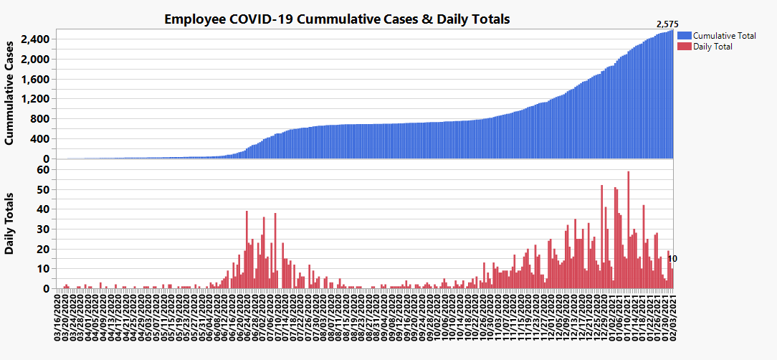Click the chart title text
[x=337, y=19]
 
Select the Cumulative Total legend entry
[x=725, y=35]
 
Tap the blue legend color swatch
[x=684, y=35]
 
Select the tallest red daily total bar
[x=628, y=229]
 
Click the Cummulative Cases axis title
[x=10, y=94]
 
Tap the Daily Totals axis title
[x=10, y=223]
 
